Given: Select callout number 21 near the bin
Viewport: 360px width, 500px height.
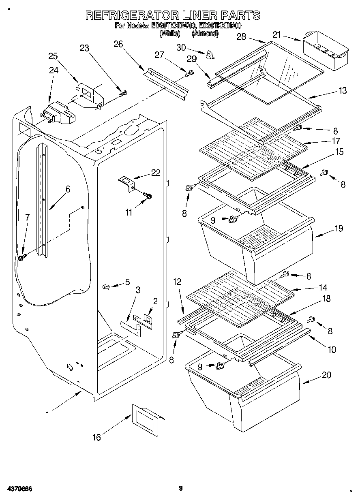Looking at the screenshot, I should click(276, 35).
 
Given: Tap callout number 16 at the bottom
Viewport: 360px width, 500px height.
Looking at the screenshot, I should click(96, 437).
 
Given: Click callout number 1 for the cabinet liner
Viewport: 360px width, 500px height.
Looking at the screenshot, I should click(47, 414).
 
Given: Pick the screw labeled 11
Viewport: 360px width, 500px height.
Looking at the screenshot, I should click(147, 196).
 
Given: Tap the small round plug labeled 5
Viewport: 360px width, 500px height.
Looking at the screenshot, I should click(107, 287).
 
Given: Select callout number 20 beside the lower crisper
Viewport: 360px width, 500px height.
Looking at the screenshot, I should click(326, 375).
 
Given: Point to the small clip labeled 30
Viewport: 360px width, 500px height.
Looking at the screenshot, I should click(209, 54).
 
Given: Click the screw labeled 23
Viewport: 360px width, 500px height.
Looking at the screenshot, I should click(123, 94).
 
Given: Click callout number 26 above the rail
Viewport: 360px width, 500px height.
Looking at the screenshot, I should click(118, 44).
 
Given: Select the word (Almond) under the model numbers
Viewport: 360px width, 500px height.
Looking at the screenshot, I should click(205, 34).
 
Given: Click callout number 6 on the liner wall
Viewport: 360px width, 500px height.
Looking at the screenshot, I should click(68, 189).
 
